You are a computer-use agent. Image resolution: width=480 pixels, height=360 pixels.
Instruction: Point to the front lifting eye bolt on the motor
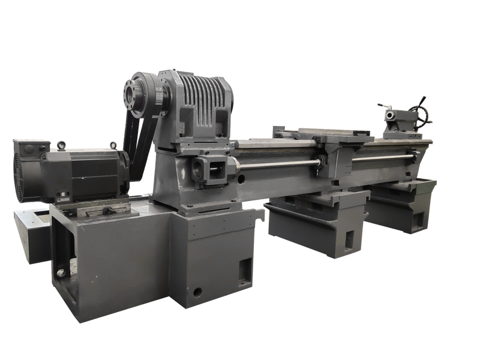coord(112,145)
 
